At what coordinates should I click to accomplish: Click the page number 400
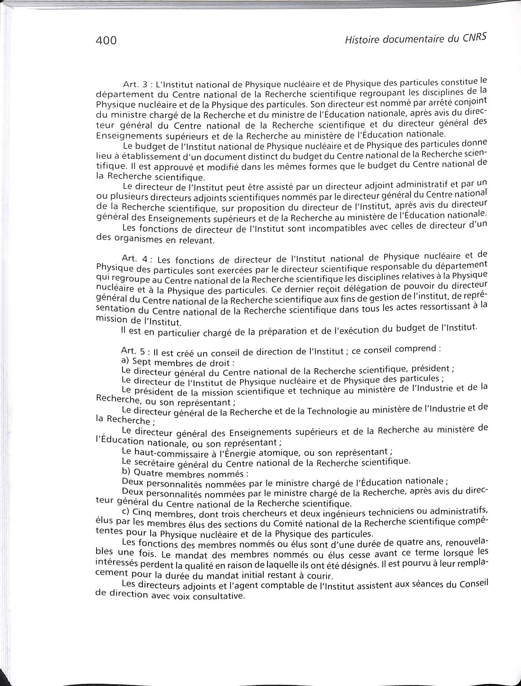coord(106,40)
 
